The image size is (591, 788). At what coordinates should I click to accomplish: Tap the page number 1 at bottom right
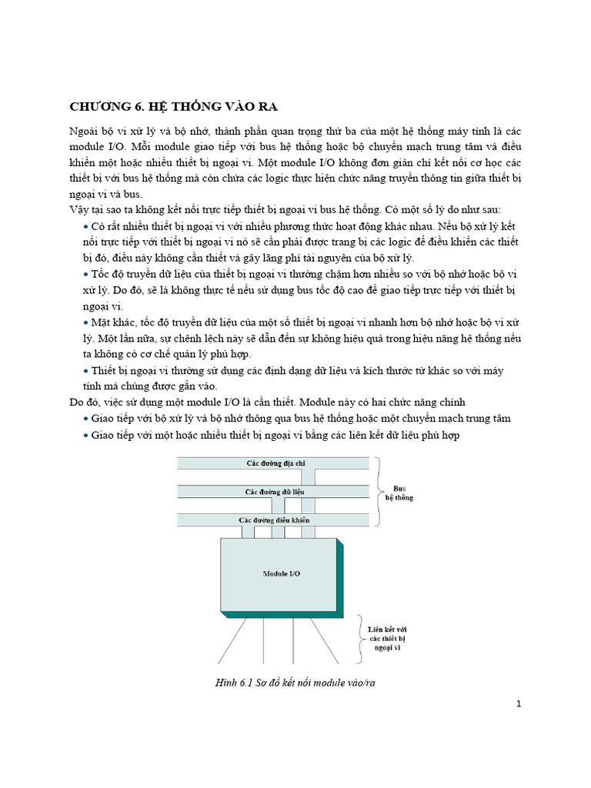pyautogui.click(x=519, y=703)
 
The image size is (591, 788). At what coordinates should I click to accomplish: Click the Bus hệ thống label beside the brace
pyautogui.click(x=399, y=492)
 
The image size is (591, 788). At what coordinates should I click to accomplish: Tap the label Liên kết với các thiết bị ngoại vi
pyautogui.click(x=386, y=639)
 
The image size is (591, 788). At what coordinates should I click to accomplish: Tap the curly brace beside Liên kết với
pyautogui.click(x=359, y=638)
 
